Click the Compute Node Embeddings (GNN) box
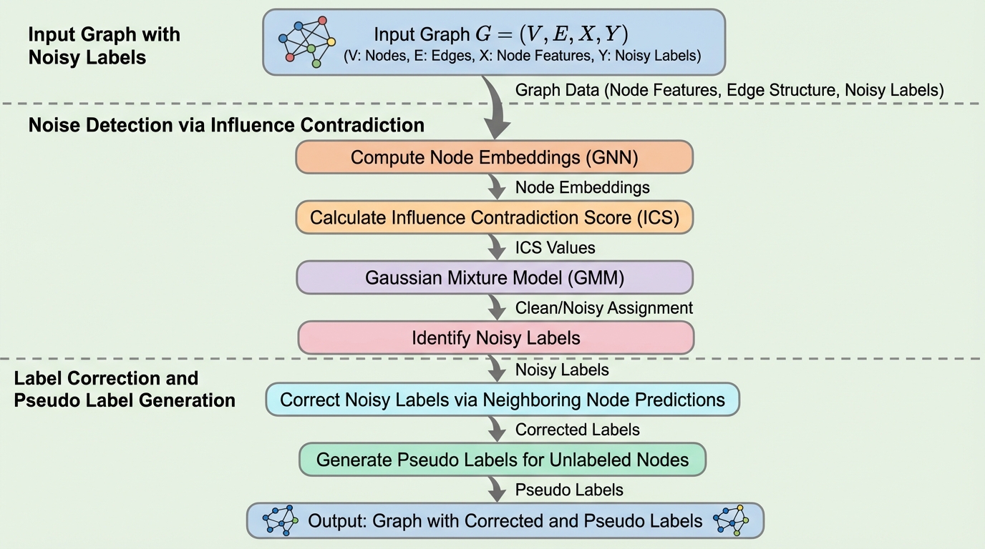coord(494,157)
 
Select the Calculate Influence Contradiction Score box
coord(494,217)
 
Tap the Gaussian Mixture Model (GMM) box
coord(494,277)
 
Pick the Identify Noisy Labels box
coord(495,337)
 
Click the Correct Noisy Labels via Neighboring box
coord(502,400)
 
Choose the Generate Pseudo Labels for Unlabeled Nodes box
coord(502,460)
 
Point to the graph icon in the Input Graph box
coord(307,41)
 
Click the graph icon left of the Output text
coord(281,520)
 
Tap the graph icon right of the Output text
coord(731,520)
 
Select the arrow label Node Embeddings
coord(582,187)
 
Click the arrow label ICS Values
coord(555,247)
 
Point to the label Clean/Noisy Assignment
coord(603,307)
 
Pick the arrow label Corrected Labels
coord(577,430)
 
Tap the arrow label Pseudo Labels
coord(569,490)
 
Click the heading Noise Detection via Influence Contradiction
coord(226,125)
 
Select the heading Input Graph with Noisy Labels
coord(105,46)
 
